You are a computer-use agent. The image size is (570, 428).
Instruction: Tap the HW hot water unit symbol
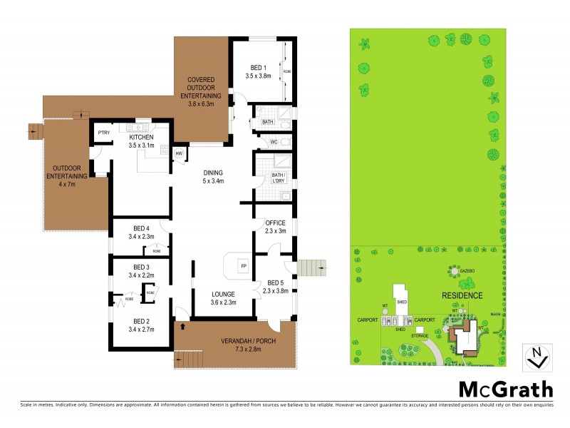[x=179, y=152]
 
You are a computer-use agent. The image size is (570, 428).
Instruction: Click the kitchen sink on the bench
[x=134, y=128]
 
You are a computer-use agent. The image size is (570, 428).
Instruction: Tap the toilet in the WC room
[x=284, y=142]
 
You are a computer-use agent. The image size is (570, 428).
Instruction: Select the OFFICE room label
[x=275, y=223]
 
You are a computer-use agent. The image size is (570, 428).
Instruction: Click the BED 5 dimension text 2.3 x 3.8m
[x=274, y=291]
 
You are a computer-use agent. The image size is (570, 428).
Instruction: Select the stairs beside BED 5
[x=311, y=268]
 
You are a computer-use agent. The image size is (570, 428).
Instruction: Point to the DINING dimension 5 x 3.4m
[x=213, y=181]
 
